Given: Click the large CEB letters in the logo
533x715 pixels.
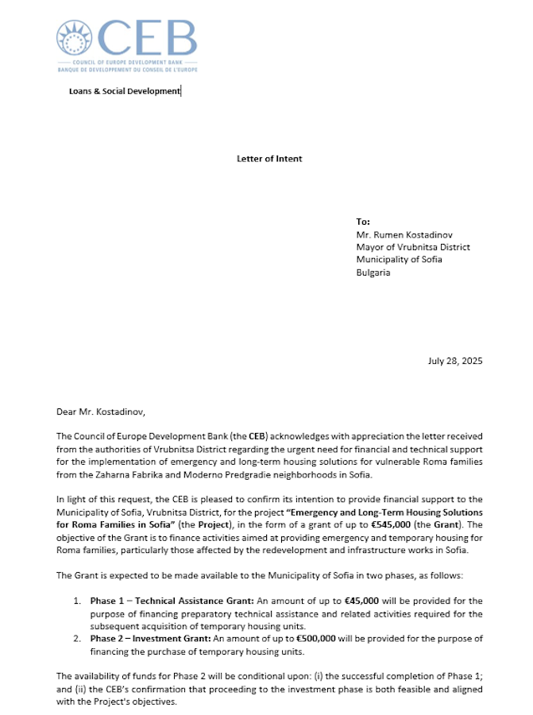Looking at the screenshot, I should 148,38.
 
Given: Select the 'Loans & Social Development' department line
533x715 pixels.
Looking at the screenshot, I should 125,91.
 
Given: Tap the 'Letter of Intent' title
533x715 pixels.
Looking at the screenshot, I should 269,159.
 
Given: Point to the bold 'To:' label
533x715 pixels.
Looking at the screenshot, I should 363,222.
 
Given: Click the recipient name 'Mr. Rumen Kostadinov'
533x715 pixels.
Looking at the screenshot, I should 403,234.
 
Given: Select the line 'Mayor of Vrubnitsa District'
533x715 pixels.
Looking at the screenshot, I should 413,247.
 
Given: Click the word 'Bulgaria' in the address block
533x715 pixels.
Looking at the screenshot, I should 373,272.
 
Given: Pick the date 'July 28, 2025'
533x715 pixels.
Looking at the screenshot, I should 454,361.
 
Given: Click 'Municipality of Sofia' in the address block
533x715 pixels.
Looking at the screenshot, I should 400,260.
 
